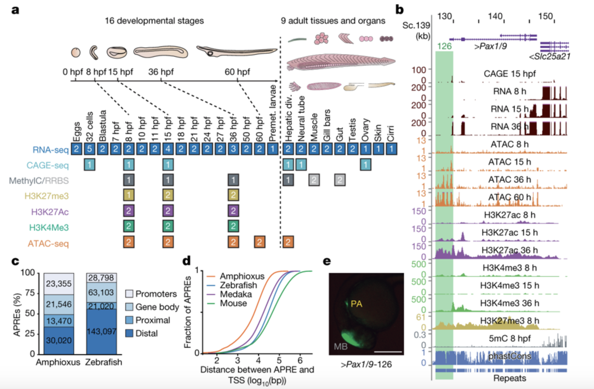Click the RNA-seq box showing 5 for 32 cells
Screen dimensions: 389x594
coord(89,149)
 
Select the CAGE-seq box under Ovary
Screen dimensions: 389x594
coord(365,165)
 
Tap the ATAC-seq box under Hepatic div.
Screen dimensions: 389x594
coord(288,242)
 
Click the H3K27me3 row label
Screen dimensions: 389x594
coord(46,196)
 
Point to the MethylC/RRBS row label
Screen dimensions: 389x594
coord(39,181)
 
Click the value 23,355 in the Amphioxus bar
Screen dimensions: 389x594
coord(59,284)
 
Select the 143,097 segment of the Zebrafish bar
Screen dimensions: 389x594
coord(102,331)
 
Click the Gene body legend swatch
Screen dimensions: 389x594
coord(129,307)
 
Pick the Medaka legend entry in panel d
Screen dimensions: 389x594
coord(236,294)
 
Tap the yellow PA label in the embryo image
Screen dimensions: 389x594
coord(356,304)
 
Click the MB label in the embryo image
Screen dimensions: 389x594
coord(340,346)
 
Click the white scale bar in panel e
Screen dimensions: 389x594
coord(388,352)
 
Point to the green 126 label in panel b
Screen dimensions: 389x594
coord(444,46)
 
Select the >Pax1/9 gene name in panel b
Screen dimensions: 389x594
coord(490,46)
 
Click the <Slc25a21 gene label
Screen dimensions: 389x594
coord(549,56)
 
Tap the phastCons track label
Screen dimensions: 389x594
coord(510,356)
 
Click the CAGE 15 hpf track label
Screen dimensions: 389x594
coord(510,74)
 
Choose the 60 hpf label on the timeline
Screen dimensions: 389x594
coord(237,72)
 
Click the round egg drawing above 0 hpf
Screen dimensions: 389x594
coord(76,52)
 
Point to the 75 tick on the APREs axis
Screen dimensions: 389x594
coord(30,293)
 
